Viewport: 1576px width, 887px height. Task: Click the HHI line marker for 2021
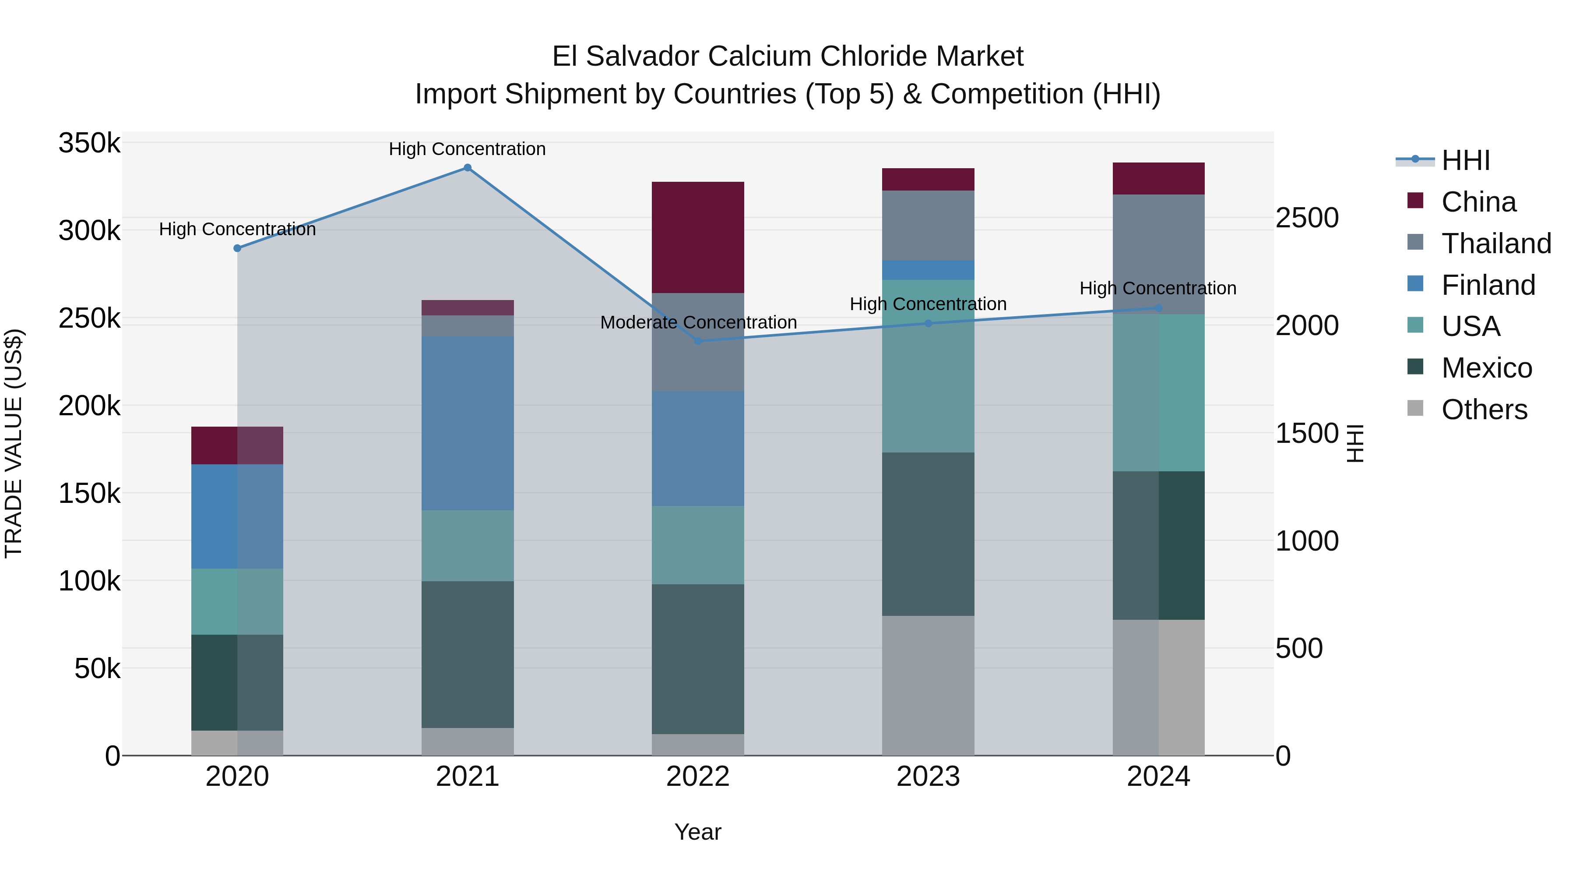(468, 168)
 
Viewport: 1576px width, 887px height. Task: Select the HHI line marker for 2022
(698, 341)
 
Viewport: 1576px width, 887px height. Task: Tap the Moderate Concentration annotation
(698, 322)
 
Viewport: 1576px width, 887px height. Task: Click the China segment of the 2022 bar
(698, 237)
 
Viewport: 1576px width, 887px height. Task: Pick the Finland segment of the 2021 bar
(468, 423)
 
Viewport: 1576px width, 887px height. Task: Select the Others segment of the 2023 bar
(928, 686)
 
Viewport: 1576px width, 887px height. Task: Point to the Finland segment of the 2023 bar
(928, 270)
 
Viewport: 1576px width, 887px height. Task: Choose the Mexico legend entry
(1486, 368)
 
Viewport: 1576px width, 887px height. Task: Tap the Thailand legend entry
(1496, 244)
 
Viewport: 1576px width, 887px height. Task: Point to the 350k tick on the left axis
(89, 143)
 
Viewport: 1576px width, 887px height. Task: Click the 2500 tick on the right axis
(1307, 218)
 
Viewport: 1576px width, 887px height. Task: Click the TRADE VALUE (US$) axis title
(14, 443)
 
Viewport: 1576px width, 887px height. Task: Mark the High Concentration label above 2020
(237, 230)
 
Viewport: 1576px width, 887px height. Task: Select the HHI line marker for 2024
(1158, 308)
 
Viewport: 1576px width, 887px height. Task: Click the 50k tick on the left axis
(97, 668)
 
